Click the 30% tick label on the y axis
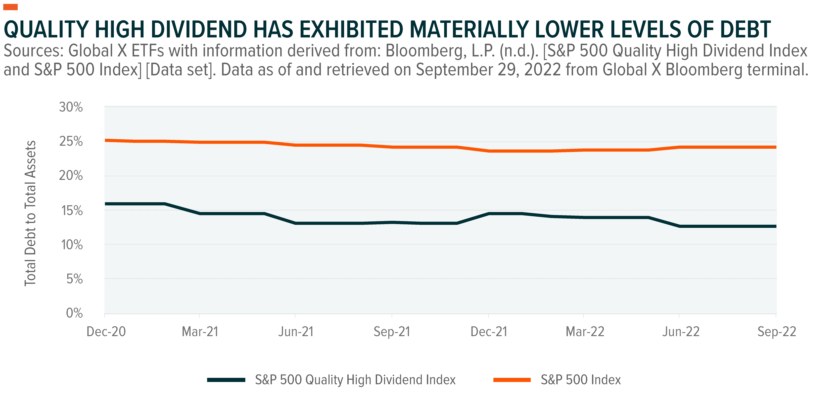(71, 107)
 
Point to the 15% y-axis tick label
(72, 211)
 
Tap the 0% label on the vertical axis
(74, 313)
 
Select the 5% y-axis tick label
(74, 279)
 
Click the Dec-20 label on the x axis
(106, 332)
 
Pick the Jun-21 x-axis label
(296, 332)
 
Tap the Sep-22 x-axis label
(777, 332)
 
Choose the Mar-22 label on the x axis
(585, 332)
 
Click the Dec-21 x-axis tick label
(489, 332)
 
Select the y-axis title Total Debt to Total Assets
(30, 213)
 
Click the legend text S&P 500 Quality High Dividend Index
(355, 380)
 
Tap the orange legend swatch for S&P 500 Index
(512, 380)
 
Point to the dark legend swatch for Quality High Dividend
(226, 380)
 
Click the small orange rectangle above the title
(10, 7)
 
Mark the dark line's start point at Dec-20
(105, 204)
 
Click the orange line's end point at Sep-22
(776, 147)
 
